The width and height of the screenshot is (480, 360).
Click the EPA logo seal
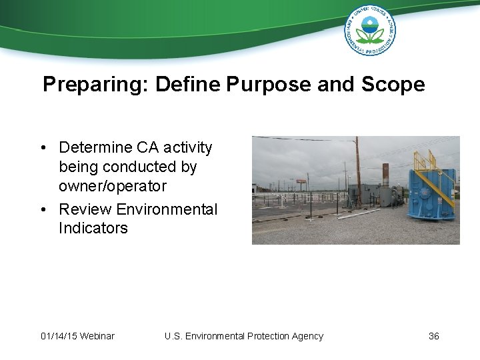click(369, 30)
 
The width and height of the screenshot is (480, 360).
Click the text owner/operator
click(112, 186)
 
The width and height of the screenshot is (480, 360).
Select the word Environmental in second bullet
click(167, 209)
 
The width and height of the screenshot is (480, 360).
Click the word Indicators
click(93, 228)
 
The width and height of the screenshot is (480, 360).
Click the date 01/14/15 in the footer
click(58, 336)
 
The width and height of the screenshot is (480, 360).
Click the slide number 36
click(433, 336)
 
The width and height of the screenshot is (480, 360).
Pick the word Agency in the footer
click(307, 336)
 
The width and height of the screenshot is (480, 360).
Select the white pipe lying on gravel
click(360, 213)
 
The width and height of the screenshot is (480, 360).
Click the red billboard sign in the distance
click(301, 181)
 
